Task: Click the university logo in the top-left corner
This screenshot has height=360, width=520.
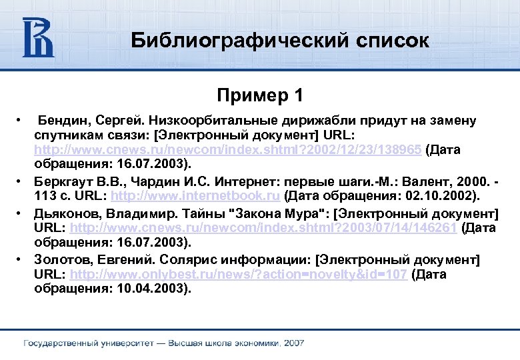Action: coord(39,38)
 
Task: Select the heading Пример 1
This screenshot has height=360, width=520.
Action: coord(259,95)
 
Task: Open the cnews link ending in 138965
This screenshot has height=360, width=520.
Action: coord(227,149)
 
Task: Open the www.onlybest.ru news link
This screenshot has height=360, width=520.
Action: coord(238,274)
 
